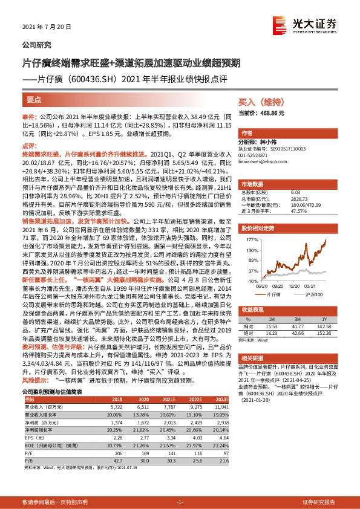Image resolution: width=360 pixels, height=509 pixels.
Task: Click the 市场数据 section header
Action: coord(253,183)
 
